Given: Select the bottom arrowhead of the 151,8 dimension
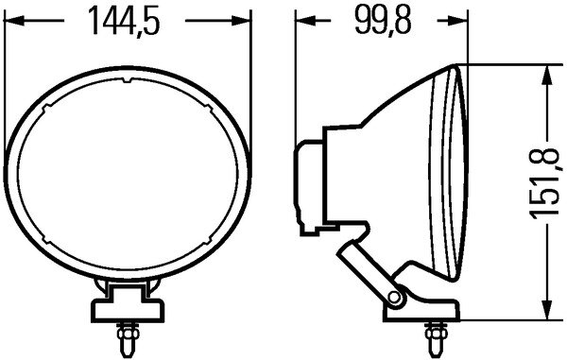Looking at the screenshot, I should (545, 315).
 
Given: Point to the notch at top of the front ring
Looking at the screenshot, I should (127, 87).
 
